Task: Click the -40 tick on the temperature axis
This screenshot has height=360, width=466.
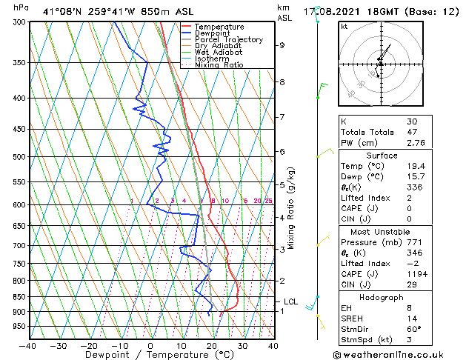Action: pos(28,345)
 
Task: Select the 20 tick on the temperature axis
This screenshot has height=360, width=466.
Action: pos(212,345)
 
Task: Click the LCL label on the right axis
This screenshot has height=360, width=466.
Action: pos(290,301)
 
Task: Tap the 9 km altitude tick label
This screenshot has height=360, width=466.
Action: pos(282,45)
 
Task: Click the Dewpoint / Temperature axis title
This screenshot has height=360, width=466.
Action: pos(150,355)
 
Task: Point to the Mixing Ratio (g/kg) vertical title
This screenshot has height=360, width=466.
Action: pos(291,208)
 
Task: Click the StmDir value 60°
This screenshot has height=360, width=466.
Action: pos(413,329)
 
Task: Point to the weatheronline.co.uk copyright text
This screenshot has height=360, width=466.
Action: pos(399,354)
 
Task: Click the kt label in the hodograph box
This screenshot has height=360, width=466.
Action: pos(344,27)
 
